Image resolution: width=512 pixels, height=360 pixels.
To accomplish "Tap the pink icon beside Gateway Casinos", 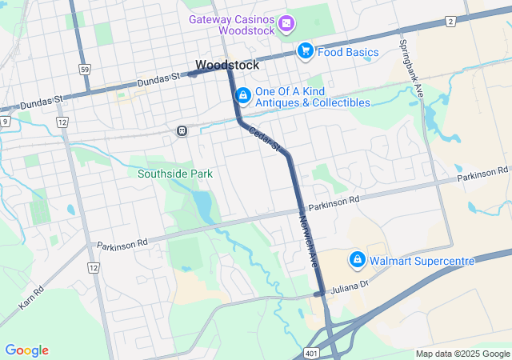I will pos(286,25).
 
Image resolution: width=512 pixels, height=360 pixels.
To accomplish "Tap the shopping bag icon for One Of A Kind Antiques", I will pos(242,97).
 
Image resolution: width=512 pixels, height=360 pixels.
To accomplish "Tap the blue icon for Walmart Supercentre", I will pos(357,260).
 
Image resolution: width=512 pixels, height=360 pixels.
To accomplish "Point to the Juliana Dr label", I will pos(350,285).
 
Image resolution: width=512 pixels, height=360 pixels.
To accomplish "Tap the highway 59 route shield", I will pos(85,70).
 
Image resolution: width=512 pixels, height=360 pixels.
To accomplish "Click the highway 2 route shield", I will pos(451,21).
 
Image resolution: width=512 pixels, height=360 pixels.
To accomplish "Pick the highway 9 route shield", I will pos(6,121).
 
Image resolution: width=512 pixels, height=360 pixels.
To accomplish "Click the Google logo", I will pos(26,350).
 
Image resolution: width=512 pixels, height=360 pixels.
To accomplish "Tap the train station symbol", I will pos(182,130).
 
